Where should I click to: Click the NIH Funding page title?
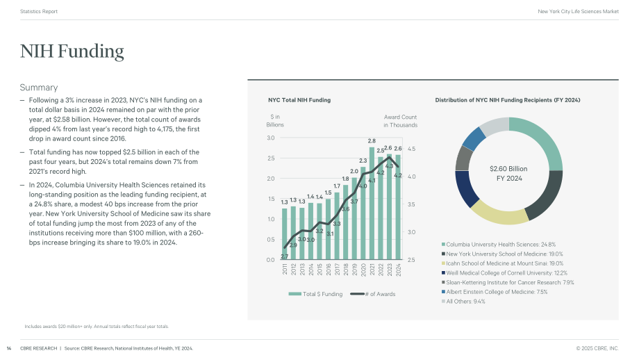[72, 51]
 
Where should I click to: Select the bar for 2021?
[372, 204]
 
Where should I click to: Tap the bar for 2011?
[285, 234]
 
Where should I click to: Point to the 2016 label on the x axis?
[329, 270]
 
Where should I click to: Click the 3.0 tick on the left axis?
[271, 138]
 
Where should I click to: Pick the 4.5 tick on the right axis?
[412, 149]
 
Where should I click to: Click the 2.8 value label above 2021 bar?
[372, 141]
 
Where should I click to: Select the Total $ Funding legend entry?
[315, 294]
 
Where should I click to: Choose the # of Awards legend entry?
[373, 294]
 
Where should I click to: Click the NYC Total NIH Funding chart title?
[299, 100]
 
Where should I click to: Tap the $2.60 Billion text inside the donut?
[508, 169]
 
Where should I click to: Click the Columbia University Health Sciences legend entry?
[499, 245]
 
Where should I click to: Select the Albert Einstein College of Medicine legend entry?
[495, 292]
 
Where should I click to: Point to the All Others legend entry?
[463, 302]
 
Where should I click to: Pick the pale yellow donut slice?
[499, 213]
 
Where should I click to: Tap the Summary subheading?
[39, 88]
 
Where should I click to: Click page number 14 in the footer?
[9, 349]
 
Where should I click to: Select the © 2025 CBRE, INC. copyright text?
[597, 349]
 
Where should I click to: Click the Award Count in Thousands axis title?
[400, 121]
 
